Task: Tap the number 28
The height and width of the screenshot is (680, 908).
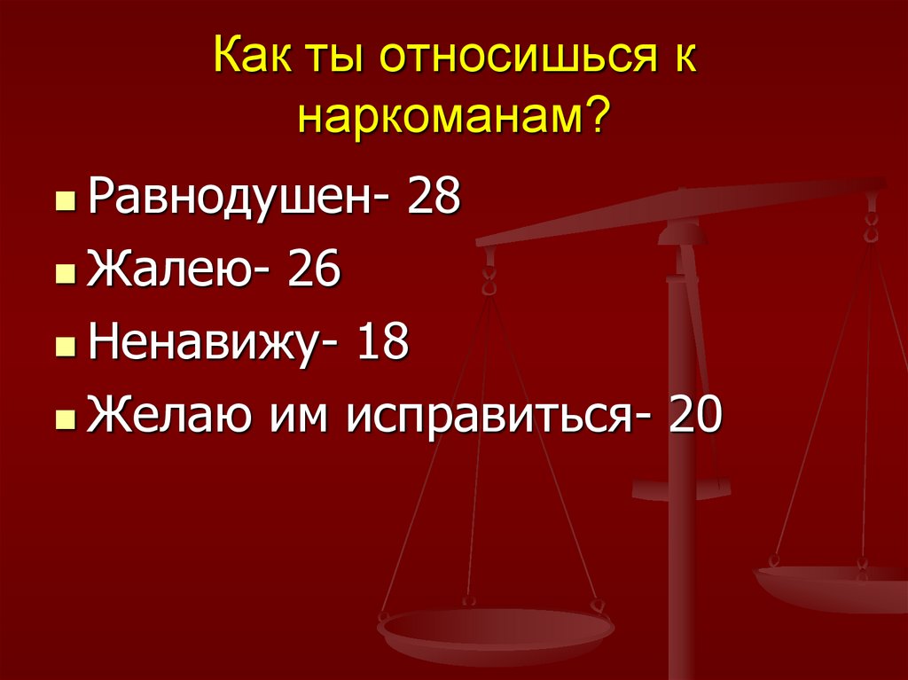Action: [x=433, y=197]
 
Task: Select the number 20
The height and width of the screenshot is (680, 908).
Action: [x=697, y=413]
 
